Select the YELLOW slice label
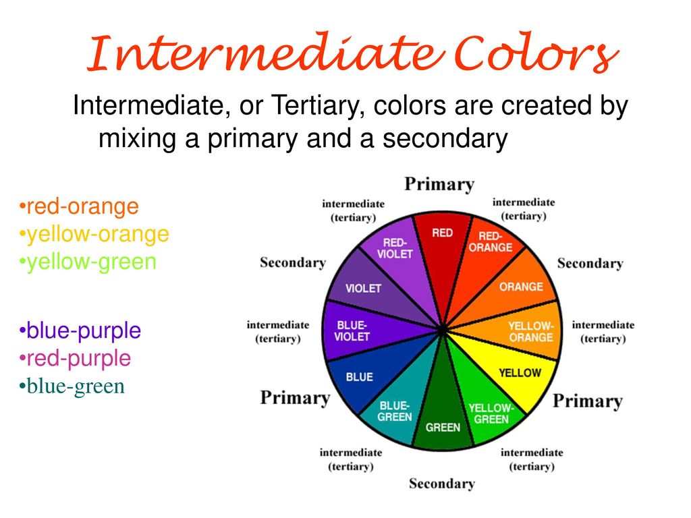click(520, 372)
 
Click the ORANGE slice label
click(521, 287)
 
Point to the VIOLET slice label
click(363, 289)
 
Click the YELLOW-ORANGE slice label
click(530, 332)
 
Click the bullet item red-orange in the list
click(80, 206)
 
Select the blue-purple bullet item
click(80, 330)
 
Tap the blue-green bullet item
click(72, 386)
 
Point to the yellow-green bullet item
click(88, 262)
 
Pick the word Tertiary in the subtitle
click(317, 106)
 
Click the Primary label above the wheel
click(439, 184)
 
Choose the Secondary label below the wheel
click(442, 483)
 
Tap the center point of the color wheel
click(442, 329)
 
